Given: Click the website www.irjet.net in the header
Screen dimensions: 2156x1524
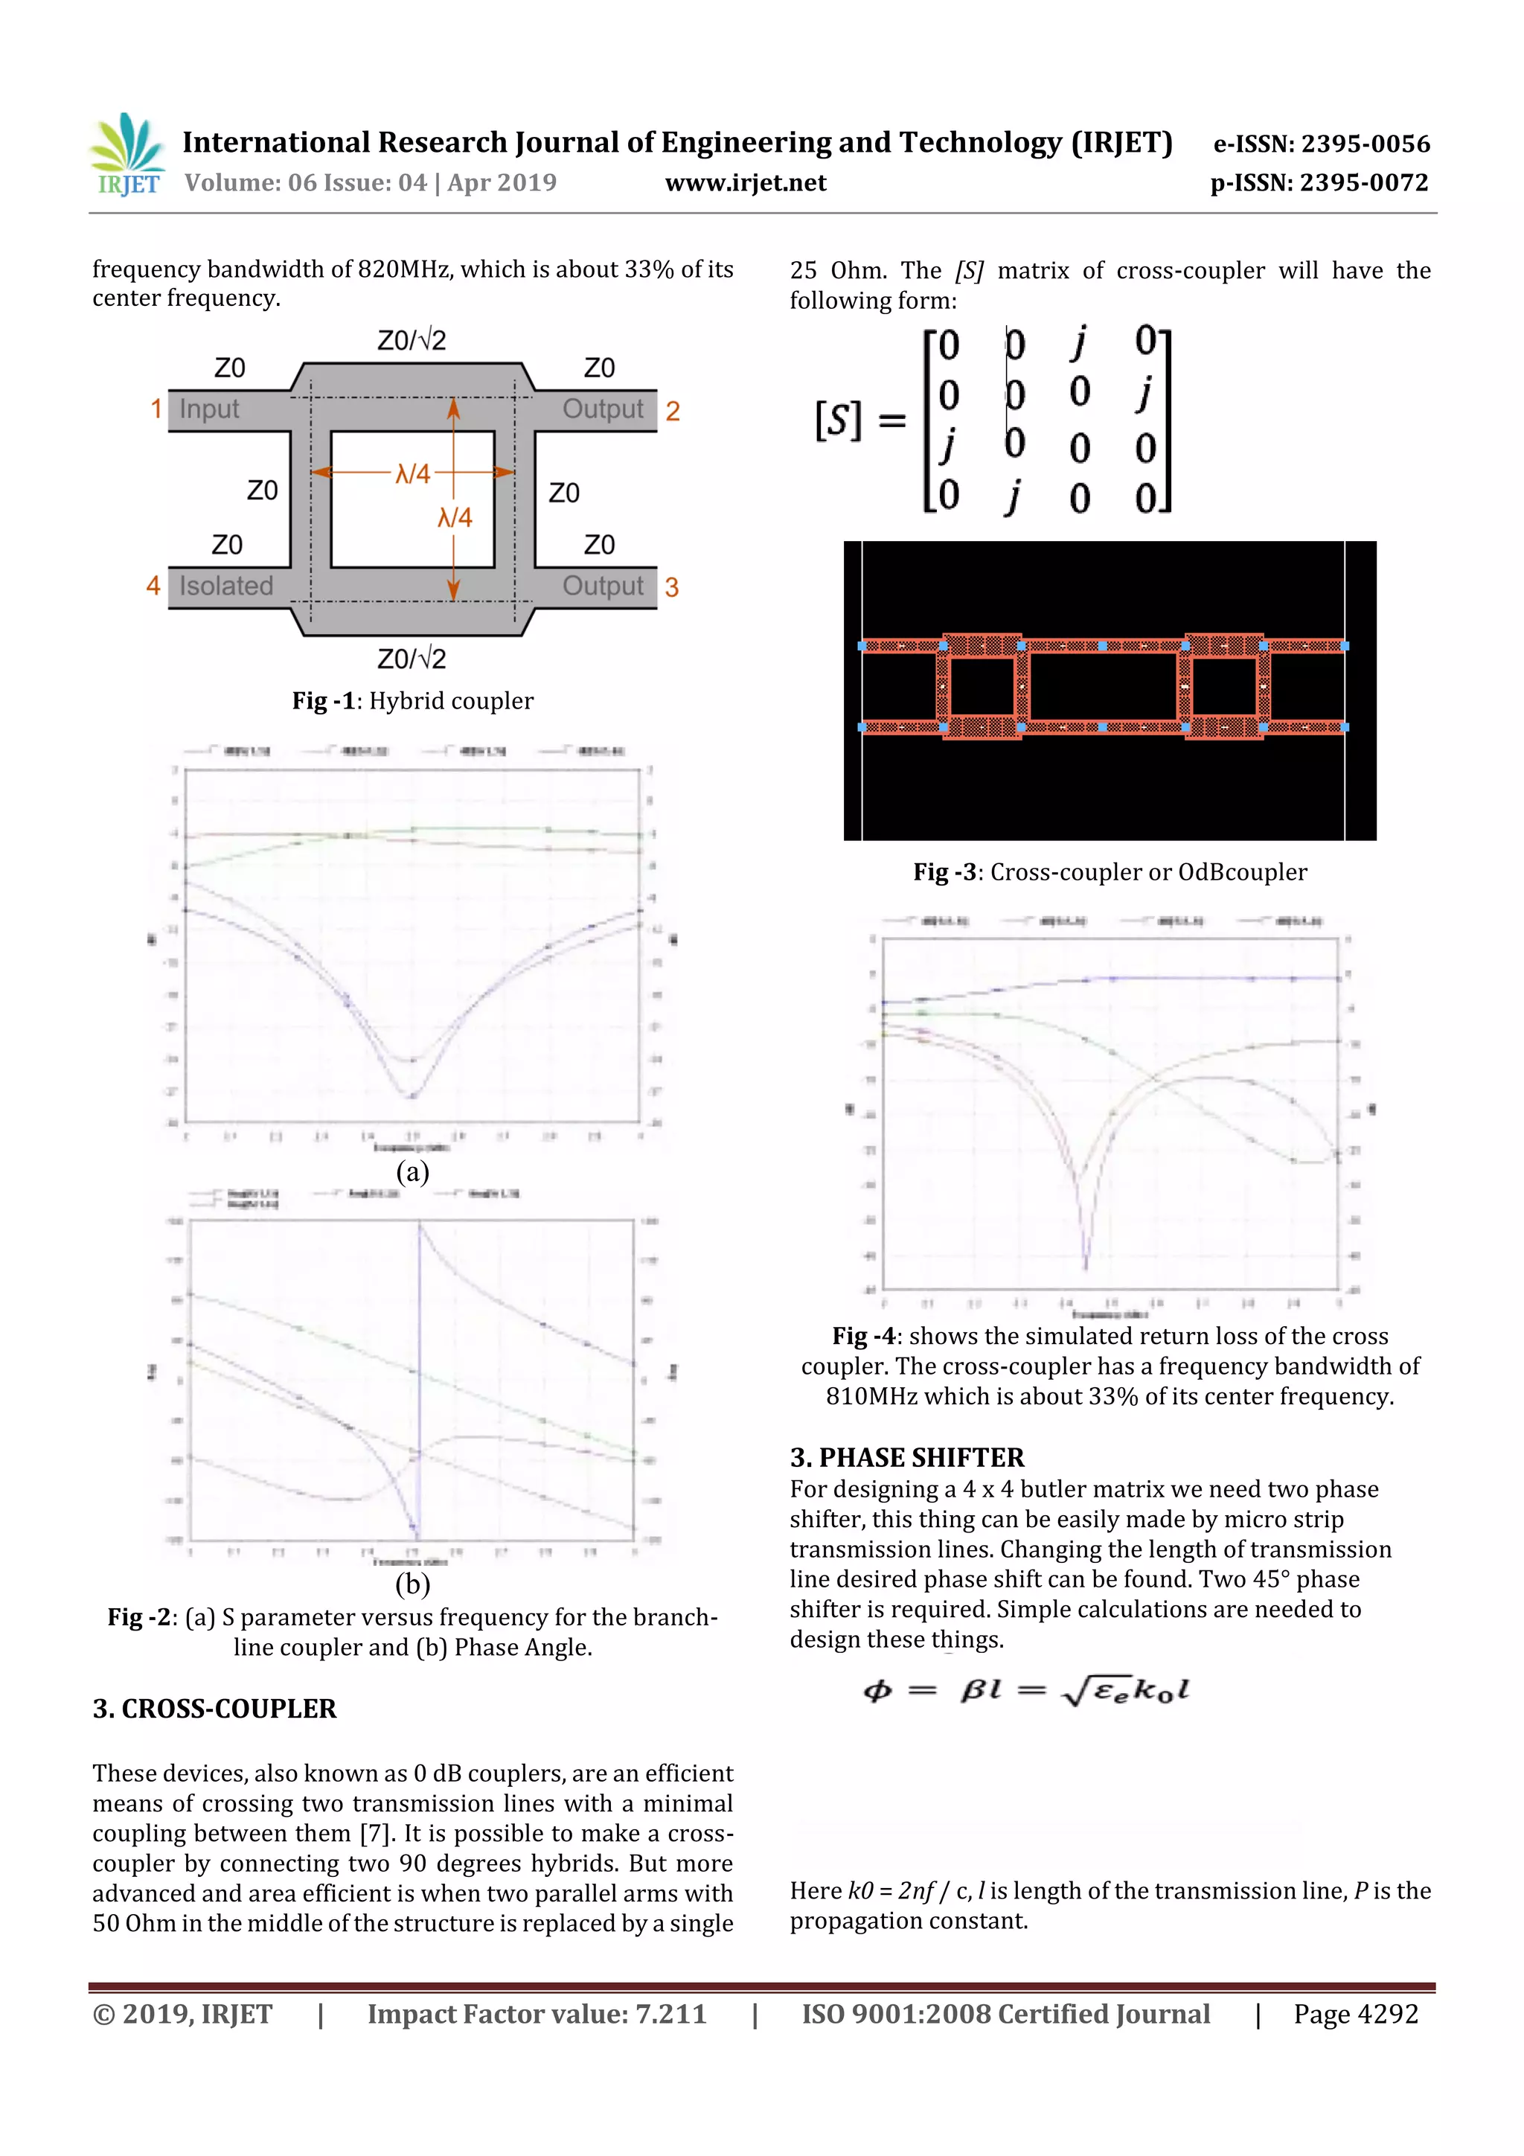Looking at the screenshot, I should pyautogui.click(x=746, y=183).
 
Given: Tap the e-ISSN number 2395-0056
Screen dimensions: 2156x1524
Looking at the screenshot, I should pyautogui.click(x=1364, y=144).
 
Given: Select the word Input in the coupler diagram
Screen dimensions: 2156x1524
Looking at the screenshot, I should pyautogui.click(x=208, y=409).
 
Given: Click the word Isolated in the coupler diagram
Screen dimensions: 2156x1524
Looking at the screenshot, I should pyautogui.click(x=225, y=586).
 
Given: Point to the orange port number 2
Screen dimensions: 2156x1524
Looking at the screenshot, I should pyautogui.click(x=672, y=412).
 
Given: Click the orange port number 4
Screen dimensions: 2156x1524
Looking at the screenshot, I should pyautogui.click(x=153, y=586).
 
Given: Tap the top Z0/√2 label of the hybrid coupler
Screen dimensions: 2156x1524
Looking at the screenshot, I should pyautogui.click(x=412, y=340).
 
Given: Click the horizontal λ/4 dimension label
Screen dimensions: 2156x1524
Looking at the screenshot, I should pyautogui.click(x=412, y=473).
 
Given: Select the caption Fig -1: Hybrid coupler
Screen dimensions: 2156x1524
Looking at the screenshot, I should pyautogui.click(x=412, y=700).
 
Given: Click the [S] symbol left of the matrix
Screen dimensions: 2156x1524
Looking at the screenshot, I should pyautogui.click(x=838, y=420).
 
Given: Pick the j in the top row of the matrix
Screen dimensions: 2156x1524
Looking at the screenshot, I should pyautogui.click(x=1080, y=342).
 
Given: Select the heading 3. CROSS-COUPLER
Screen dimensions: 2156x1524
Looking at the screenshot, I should pyautogui.click(x=214, y=1708).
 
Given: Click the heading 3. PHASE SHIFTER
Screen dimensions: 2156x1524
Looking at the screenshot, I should pyautogui.click(x=906, y=1457).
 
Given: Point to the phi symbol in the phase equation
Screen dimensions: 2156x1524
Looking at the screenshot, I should pyautogui.click(x=877, y=1691).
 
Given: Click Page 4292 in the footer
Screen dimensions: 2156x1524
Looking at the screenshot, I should pyautogui.click(x=1355, y=2013).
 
